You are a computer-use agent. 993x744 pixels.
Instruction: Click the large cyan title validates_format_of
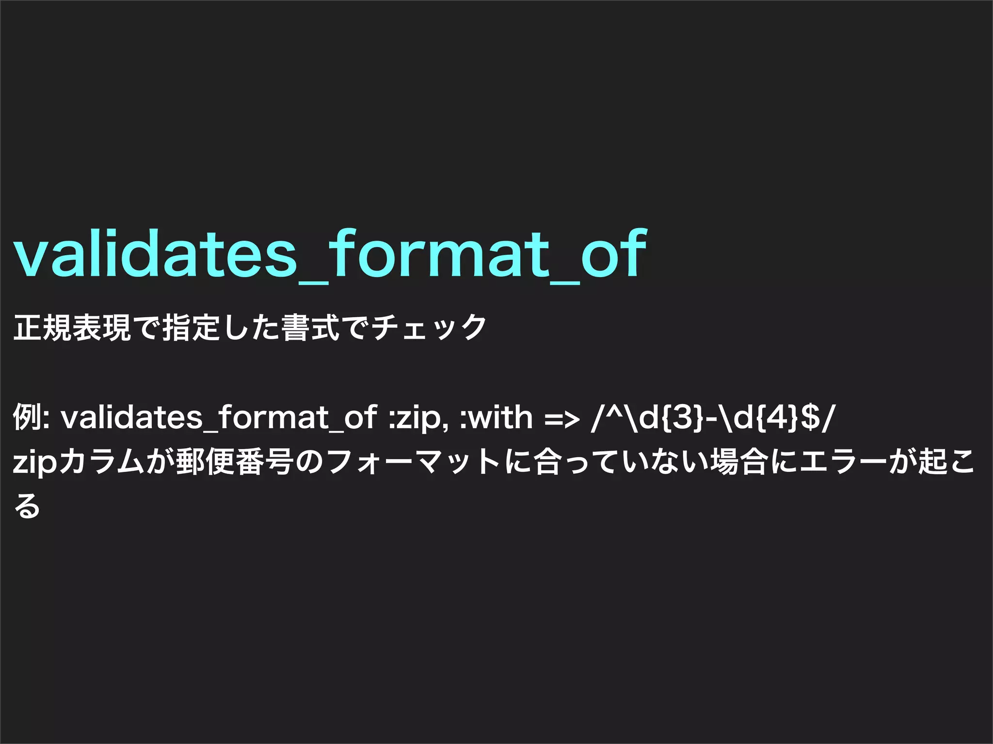(x=330, y=254)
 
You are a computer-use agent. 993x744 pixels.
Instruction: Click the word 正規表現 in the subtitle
(x=72, y=328)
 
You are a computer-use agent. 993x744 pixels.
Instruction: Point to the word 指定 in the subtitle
(x=192, y=328)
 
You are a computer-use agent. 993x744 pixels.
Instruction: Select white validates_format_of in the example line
(x=218, y=417)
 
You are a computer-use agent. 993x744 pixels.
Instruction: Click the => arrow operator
(x=562, y=418)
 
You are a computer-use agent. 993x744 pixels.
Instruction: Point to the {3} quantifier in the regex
(x=684, y=417)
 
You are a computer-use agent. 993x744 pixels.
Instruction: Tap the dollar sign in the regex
(x=810, y=417)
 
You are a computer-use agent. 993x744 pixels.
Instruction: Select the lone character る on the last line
(x=27, y=506)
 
